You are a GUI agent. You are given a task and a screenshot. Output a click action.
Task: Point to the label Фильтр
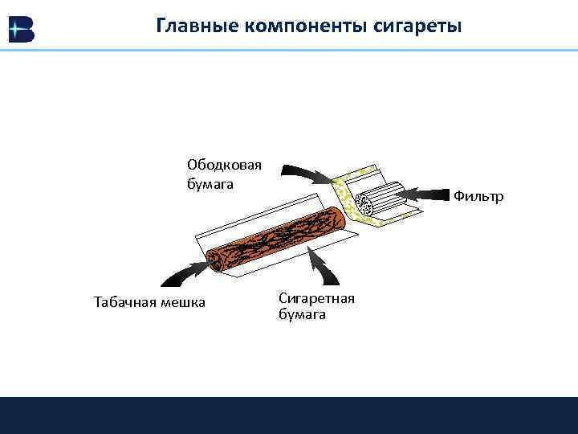coord(478,196)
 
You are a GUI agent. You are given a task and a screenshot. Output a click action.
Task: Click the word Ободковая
coord(225,165)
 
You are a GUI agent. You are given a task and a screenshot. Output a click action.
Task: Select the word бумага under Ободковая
coord(210,184)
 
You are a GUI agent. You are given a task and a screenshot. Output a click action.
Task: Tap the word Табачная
coord(128,303)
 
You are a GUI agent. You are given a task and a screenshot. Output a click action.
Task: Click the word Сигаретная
coord(316,298)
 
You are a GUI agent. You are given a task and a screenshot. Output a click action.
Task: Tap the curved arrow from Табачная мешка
coord(185,275)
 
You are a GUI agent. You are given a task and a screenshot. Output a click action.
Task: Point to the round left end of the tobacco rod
coord(215,261)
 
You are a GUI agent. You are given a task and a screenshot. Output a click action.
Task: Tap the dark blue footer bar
coord(289,415)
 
